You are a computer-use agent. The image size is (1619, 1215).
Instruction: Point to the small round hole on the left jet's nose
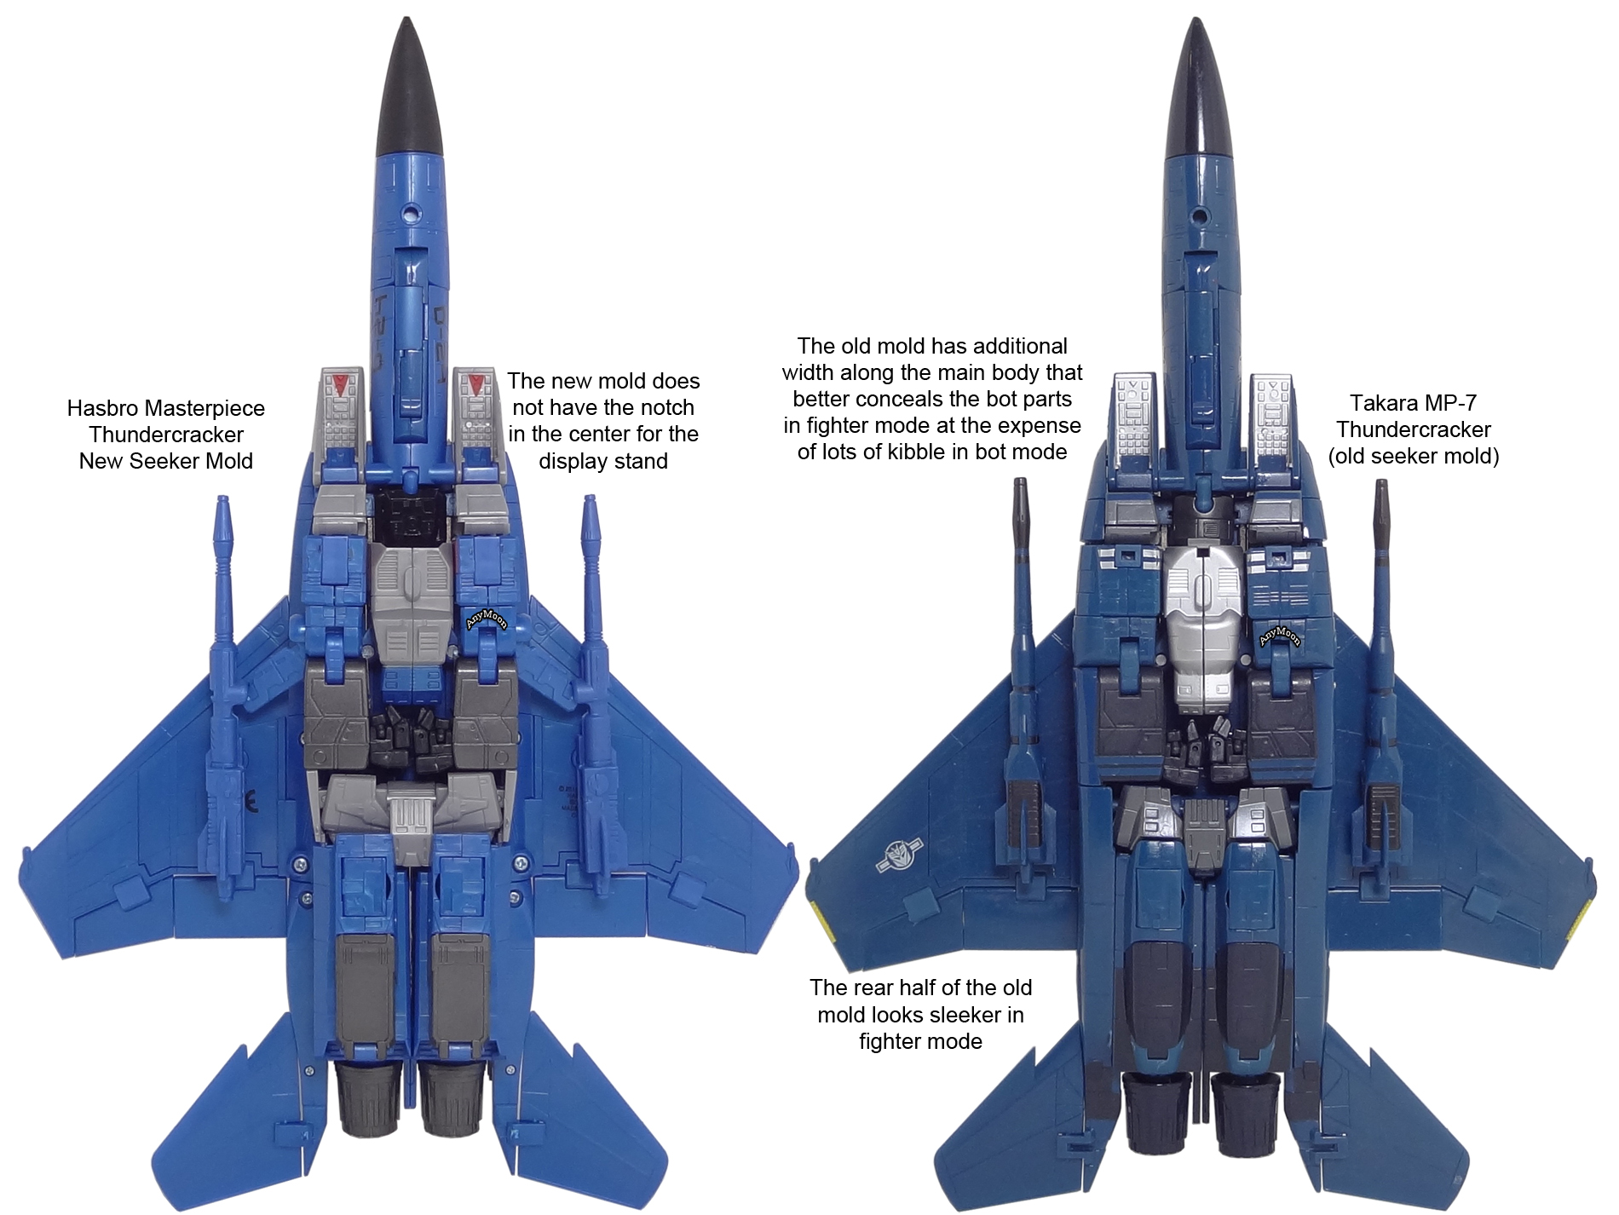click(x=413, y=209)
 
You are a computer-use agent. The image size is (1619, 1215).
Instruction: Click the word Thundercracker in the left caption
click(x=166, y=435)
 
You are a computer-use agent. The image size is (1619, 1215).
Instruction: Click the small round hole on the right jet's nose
click(x=1201, y=215)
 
